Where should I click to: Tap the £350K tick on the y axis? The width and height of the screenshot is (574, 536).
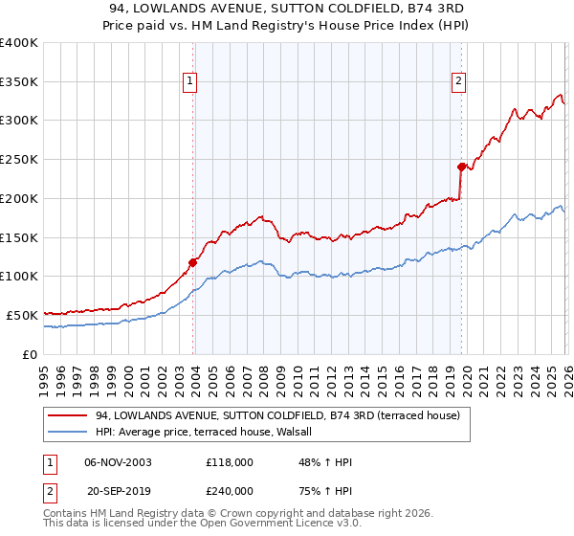(19, 82)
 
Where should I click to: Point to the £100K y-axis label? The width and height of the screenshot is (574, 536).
(19, 276)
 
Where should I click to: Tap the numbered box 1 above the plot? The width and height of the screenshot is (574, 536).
(191, 82)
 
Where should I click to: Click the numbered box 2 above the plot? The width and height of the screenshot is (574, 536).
(459, 82)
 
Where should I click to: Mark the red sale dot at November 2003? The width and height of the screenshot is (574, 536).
(193, 261)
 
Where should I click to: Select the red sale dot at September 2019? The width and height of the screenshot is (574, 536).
(461, 167)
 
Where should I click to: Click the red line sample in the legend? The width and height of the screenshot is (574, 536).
(70, 415)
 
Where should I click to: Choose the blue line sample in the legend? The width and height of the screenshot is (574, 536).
(70, 432)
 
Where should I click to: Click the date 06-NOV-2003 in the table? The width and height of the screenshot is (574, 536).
(118, 462)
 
